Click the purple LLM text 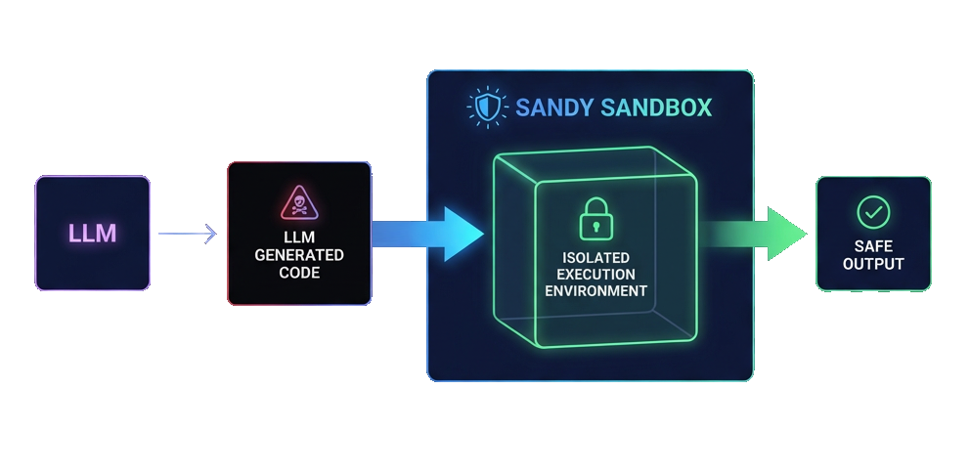tap(93, 234)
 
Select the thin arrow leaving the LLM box tap(186, 234)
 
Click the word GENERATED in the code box tap(299, 255)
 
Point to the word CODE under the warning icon tap(299, 273)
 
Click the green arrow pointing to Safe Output tap(753, 235)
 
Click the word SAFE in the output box tap(873, 246)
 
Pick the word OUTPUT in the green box tap(873, 264)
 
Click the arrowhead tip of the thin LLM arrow tap(212, 234)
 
